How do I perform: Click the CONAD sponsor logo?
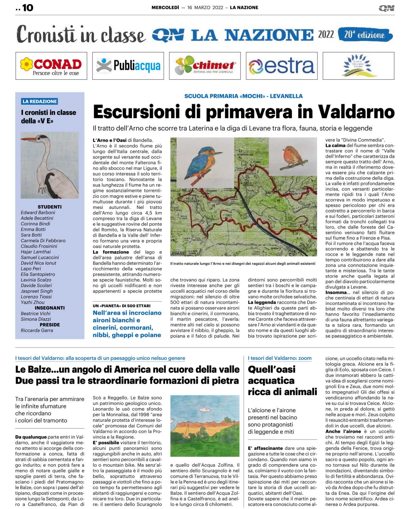(x=51, y=66)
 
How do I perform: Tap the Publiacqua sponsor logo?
(x=128, y=66)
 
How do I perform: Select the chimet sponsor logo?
(x=205, y=66)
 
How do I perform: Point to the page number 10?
(x=27, y=8)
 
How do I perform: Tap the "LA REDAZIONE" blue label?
(x=40, y=101)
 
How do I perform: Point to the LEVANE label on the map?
(x=178, y=253)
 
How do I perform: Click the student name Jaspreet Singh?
(x=37, y=291)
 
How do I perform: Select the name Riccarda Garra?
(x=37, y=330)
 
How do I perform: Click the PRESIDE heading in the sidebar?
(x=50, y=325)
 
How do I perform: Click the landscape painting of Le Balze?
(x=205, y=425)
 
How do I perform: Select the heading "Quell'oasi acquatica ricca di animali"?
(x=282, y=380)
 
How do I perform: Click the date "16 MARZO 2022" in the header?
(x=205, y=8)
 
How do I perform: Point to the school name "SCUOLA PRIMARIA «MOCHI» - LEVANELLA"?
(x=243, y=96)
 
